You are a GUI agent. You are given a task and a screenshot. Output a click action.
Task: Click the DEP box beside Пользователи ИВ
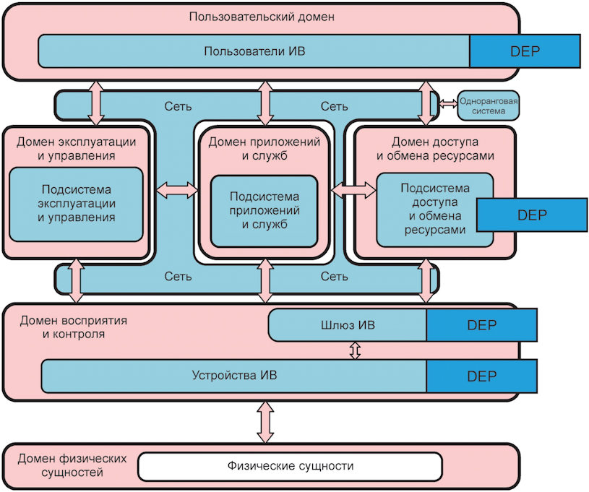(x=525, y=51)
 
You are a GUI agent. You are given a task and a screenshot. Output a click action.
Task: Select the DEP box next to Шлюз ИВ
(x=481, y=325)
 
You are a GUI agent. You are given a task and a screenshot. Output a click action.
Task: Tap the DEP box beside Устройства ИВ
(x=481, y=376)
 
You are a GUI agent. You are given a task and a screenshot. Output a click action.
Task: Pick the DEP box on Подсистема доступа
(x=531, y=215)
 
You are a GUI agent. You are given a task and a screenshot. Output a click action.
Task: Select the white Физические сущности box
(x=290, y=466)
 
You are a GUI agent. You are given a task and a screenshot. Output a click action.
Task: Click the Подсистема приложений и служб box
(x=264, y=210)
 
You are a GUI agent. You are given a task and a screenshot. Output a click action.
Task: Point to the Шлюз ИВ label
(x=347, y=325)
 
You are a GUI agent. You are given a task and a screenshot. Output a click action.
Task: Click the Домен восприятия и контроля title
(x=61, y=327)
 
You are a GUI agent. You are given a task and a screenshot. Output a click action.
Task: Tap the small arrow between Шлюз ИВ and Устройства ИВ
(x=354, y=350)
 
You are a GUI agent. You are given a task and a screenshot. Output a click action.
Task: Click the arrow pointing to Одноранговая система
(x=448, y=104)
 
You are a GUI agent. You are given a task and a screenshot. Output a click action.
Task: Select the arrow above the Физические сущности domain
(x=265, y=423)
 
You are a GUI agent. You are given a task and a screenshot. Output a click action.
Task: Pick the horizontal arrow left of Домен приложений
(x=177, y=190)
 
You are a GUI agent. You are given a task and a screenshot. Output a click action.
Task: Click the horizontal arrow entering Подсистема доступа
(x=353, y=190)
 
